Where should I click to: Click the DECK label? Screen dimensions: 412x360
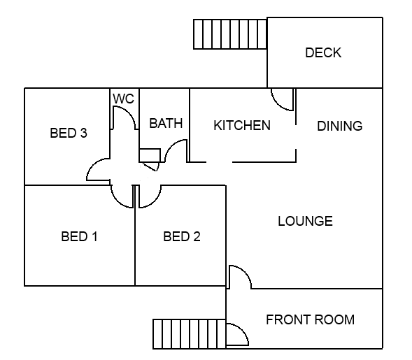pyautogui.click(x=323, y=53)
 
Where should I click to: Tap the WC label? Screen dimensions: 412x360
pyautogui.click(x=124, y=99)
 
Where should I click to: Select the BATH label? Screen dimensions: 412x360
pyautogui.click(x=166, y=124)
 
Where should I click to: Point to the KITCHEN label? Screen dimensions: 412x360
pyautogui.click(x=242, y=125)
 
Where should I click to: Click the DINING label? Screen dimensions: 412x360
pyautogui.click(x=340, y=126)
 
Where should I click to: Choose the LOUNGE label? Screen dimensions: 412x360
pyautogui.click(x=305, y=221)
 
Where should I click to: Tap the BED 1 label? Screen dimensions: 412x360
pyautogui.click(x=79, y=236)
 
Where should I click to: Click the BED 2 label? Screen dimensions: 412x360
pyautogui.click(x=182, y=236)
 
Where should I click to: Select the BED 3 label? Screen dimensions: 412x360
pyautogui.click(x=69, y=133)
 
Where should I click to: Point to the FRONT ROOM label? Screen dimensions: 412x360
pyautogui.click(x=311, y=320)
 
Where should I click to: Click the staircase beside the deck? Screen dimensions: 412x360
pyautogui.click(x=230, y=34)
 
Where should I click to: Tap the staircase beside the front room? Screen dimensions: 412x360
pyautogui.click(x=189, y=334)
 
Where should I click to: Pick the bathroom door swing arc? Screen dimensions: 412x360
pyautogui.click(x=171, y=145)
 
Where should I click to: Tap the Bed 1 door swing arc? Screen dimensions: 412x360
pyautogui.click(x=117, y=201)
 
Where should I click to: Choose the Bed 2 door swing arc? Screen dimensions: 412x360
pyautogui.click(x=155, y=201)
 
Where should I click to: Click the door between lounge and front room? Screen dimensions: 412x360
pyautogui.click(x=246, y=273)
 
